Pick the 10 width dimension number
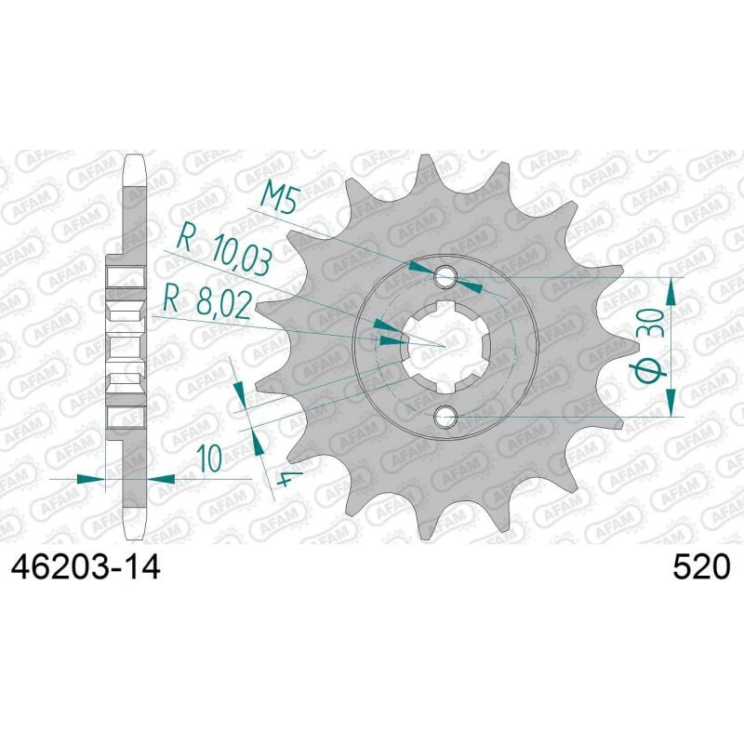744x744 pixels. point(210,458)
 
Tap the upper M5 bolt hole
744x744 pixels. point(445,276)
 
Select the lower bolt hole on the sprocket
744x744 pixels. point(445,418)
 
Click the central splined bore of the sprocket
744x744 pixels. point(445,347)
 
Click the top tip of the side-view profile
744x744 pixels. point(135,158)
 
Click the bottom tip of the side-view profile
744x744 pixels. point(135,538)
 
